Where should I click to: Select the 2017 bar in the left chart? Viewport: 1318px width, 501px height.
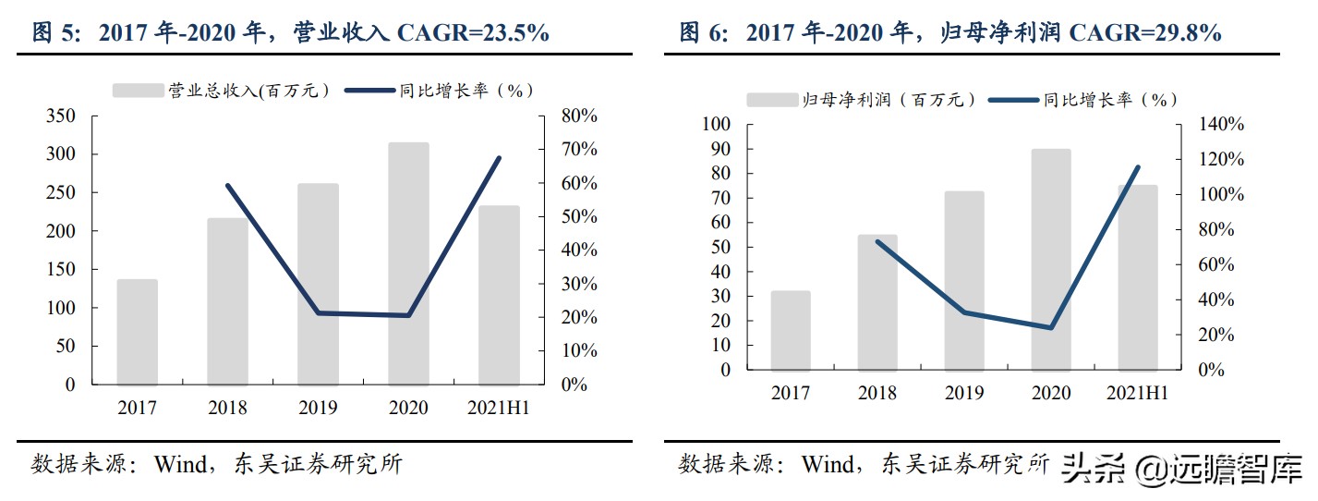pos(137,332)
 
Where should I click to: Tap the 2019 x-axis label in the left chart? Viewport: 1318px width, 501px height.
pos(317,408)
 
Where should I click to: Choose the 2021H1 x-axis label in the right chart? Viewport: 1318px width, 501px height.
pos(1137,393)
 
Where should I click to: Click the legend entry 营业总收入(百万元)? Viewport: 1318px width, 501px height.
pos(222,90)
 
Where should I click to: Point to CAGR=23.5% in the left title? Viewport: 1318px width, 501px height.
pos(472,33)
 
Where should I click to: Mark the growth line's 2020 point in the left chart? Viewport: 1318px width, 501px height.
pos(408,315)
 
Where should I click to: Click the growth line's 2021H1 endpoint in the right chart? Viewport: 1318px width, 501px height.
pos(1137,167)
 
